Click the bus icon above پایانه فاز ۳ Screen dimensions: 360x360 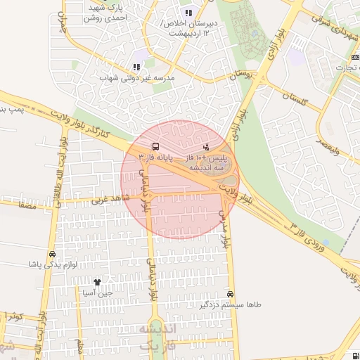(x=155, y=147)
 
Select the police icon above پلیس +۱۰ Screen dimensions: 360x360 (x=206, y=147)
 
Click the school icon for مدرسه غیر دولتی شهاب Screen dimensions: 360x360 (x=136, y=67)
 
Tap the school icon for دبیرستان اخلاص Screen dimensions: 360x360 (x=188, y=13)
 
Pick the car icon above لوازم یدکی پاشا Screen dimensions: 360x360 (x=52, y=254)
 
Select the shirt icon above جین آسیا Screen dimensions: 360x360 (x=107, y=281)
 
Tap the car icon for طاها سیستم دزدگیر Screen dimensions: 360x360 (x=231, y=294)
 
